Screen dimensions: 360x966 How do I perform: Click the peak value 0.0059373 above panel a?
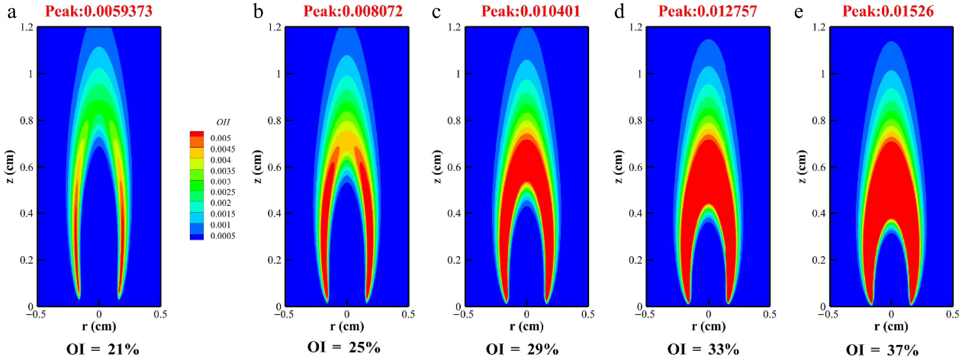tap(99, 11)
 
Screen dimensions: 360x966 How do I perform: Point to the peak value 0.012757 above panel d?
tap(708, 11)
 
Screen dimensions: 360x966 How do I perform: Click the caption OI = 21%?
tap(102, 350)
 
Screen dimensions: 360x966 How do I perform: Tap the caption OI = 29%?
tap(522, 350)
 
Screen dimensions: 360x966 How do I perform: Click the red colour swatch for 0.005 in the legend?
tap(197, 134)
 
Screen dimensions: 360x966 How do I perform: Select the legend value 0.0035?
tap(223, 171)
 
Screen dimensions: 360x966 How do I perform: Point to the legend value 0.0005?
tap(223, 236)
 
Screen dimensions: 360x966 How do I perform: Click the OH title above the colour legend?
tap(223, 122)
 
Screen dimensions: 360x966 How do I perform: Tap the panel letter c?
tap(436, 12)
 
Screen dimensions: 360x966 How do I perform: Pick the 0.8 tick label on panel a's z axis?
tap(26, 120)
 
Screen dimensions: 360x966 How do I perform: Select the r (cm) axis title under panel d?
tap(708, 326)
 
